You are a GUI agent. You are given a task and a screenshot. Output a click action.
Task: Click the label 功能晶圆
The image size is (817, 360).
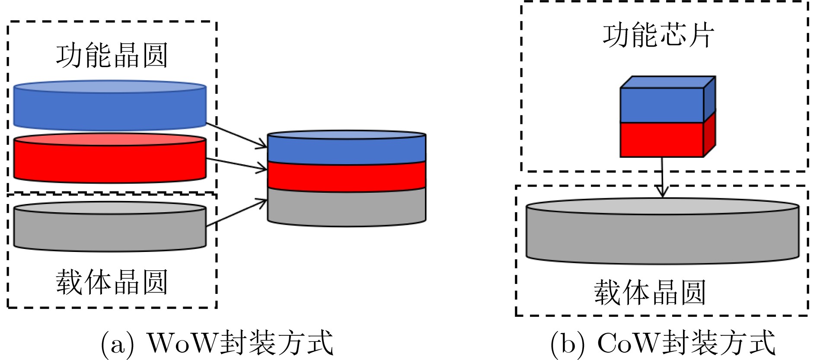click(112, 56)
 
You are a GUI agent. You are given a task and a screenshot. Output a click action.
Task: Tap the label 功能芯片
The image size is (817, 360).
click(658, 35)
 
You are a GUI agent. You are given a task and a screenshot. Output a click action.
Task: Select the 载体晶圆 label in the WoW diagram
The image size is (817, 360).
click(112, 282)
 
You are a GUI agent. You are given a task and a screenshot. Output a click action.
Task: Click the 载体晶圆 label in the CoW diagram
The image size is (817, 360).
click(649, 293)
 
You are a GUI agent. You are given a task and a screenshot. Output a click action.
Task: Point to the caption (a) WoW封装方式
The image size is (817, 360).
click(217, 343)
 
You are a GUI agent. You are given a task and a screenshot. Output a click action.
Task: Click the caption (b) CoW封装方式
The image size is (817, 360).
click(663, 343)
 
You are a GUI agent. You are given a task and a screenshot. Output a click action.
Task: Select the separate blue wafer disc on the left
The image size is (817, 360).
click(110, 108)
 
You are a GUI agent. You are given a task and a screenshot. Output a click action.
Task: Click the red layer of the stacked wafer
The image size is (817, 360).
click(346, 176)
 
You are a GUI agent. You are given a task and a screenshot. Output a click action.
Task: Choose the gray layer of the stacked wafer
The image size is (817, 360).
click(346, 207)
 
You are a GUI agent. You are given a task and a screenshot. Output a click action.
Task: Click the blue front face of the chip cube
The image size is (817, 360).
click(661, 105)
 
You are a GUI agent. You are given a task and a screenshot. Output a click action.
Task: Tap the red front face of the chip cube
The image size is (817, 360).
click(661, 139)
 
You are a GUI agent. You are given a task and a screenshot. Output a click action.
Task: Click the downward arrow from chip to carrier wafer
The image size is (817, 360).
click(662, 177)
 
